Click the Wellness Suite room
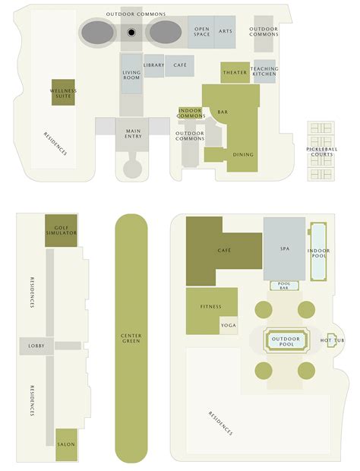click(x=63, y=93)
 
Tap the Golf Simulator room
click(x=61, y=226)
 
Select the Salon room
click(x=66, y=445)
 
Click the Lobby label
click(x=36, y=346)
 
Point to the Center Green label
click(x=131, y=338)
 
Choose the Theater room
click(x=235, y=72)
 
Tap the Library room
click(x=153, y=65)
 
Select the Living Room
click(x=131, y=74)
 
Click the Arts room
click(x=225, y=31)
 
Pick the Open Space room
click(x=201, y=31)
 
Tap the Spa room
click(x=283, y=248)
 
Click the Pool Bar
click(x=285, y=286)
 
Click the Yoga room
click(x=228, y=324)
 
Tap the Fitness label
click(x=211, y=307)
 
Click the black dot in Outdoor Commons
click(x=131, y=33)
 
